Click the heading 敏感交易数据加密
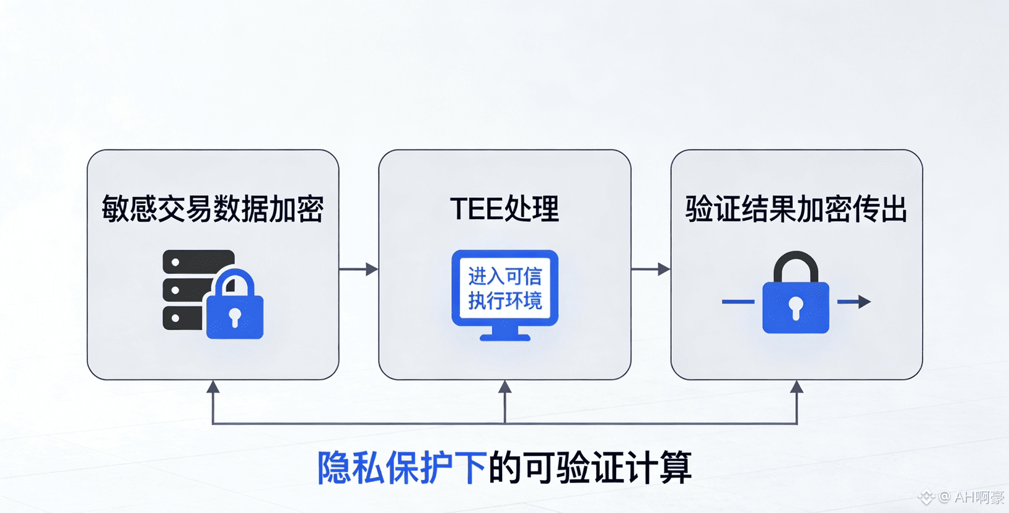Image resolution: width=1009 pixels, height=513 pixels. click(x=213, y=209)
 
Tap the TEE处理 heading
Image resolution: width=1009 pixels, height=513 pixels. click(x=504, y=209)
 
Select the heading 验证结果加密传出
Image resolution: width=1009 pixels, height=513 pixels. click(x=796, y=209)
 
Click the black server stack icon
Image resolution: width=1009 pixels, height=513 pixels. click(x=186, y=288)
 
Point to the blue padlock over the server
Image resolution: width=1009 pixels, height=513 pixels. click(x=235, y=306)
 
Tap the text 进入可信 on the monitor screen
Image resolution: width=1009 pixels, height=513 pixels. click(x=504, y=276)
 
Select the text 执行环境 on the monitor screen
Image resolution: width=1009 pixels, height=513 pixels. click(x=504, y=301)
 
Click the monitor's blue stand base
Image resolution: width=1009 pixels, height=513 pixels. click(x=505, y=337)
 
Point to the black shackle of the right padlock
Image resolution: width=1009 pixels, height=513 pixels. click(x=796, y=263)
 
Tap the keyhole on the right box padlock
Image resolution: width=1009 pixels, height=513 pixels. click(x=796, y=307)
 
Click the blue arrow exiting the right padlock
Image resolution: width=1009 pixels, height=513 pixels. click(x=855, y=302)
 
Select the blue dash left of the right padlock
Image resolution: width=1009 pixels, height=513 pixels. click(x=738, y=302)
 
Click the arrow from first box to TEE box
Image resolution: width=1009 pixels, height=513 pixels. click(x=359, y=270)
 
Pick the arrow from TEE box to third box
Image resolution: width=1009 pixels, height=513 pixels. click(x=651, y=270)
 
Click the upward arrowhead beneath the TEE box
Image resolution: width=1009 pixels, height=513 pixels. click(x=505, y=388)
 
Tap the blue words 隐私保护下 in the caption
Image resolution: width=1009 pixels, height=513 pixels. click(x=402, y=468)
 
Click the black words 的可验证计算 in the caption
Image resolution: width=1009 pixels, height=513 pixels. click(x=590, y=468)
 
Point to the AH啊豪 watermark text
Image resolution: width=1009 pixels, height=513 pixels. click(x=979, y=497)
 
